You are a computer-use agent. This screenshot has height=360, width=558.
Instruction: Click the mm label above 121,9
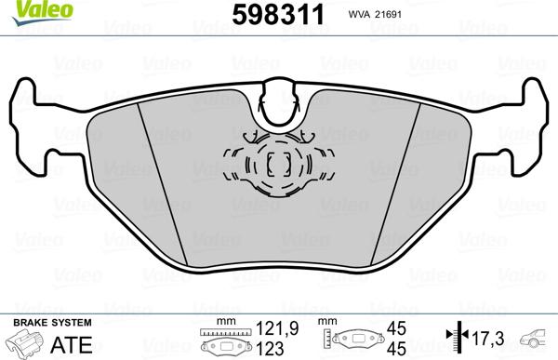pyautogui.click(x=221, y=320)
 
